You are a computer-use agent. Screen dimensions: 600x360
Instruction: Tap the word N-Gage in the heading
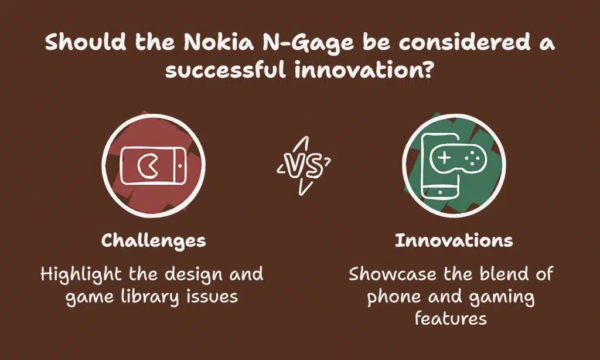(308, 43)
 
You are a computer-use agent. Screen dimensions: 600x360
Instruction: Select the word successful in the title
(226, 70)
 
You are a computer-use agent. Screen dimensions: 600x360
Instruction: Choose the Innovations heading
(454, 240)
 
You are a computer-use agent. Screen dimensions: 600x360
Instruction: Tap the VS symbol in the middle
(304, 165)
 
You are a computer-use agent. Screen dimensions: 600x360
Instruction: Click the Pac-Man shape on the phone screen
(147, 166)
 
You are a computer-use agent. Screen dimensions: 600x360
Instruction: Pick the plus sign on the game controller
(444, 157)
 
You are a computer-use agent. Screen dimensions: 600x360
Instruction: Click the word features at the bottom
(451, 318)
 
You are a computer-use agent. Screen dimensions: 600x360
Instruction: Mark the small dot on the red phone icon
(180, 166)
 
